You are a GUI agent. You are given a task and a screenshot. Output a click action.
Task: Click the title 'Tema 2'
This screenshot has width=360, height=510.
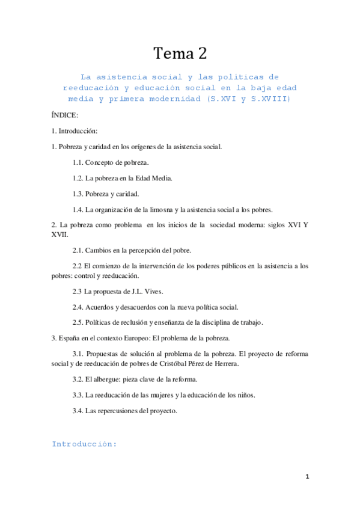tap(180, 54)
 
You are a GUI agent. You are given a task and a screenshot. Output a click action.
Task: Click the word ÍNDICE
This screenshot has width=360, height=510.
tap(65, 114)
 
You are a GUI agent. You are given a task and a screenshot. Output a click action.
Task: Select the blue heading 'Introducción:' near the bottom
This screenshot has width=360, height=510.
tap(84, 444)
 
